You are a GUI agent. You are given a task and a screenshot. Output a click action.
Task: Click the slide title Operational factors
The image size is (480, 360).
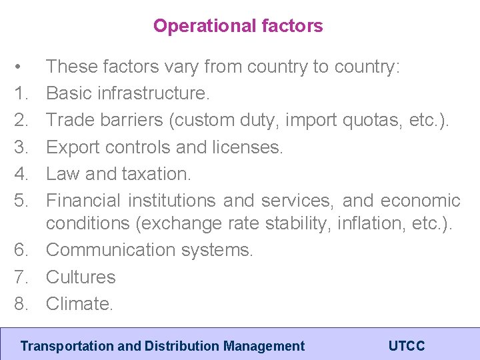(238, 26)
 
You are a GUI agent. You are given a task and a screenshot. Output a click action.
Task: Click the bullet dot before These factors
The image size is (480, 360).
(21, 67)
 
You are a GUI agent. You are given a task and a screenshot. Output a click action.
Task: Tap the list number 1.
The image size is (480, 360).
(21, 93)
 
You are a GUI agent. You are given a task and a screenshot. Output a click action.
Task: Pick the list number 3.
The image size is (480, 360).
(21, 147)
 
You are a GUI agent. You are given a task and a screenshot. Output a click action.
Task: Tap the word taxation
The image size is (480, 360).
(156, 173)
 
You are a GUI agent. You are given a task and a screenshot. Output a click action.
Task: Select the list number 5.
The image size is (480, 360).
(21, 200)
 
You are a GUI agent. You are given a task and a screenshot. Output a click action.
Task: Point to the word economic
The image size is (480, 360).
(420, 200)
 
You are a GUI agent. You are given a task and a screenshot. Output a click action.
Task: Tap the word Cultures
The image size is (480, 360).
(81, 277)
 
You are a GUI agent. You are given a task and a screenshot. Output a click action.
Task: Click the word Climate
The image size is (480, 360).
(80, 303)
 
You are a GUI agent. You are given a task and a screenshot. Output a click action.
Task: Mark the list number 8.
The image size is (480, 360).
(21, 303)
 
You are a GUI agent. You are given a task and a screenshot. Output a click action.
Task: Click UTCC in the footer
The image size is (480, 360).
(406, 346)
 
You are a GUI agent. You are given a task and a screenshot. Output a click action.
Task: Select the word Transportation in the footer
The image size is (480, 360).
(59, 346)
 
